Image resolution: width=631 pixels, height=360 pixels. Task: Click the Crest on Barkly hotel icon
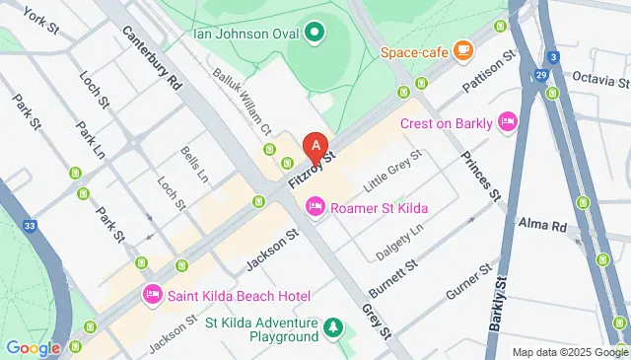click(x=508, y=122)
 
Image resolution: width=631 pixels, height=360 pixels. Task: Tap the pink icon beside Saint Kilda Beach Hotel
click(x=153, y=294)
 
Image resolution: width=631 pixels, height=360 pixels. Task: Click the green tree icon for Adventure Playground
click(x=334, y=327)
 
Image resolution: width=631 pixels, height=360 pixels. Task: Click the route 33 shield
click(x=31, y=226)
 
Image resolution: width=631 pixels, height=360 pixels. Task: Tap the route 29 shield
click(x=540, y=74)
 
